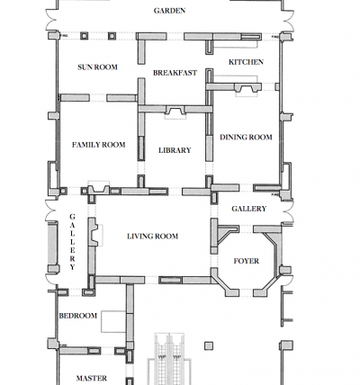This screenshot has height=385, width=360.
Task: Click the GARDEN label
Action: coord(169,11)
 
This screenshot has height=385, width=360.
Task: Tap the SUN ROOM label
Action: coord(97,67)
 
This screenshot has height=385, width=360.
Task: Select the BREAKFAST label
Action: coord(175,73)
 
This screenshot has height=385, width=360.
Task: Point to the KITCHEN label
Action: coord(246,62)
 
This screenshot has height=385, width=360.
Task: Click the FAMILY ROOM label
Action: coord(99,145)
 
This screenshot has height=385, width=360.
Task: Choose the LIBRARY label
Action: coord(175,150)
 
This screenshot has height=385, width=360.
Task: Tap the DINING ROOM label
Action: coord(246,138)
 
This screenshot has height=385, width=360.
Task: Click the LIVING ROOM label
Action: coord(153,237)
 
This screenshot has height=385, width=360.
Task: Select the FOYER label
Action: coord(247,261)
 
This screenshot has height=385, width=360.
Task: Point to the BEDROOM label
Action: coord(78,316)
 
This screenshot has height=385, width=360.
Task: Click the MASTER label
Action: coord(92,379)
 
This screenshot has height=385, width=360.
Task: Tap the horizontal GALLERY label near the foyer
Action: coord(249,209)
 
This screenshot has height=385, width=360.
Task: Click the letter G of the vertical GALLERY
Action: coord(72,217)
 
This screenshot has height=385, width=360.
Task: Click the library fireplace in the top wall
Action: coord(175,112)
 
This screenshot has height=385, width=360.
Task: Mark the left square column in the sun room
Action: coord(85,36)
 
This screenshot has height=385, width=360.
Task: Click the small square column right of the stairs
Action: coord(209,346)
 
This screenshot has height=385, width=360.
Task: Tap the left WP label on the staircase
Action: coord(162,357)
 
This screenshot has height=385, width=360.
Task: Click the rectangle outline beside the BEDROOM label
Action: coord(113,321)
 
